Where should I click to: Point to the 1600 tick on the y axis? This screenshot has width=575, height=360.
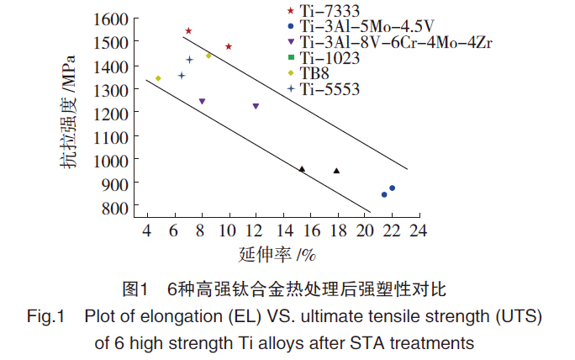tap(111, 19)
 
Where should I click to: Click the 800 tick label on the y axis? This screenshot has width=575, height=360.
tap(116, 207)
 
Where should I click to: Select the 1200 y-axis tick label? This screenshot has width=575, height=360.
tap(111, 113)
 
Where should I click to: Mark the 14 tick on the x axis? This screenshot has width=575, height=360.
tap(282, 230)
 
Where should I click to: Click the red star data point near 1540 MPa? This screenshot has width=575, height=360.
tap(188, 31)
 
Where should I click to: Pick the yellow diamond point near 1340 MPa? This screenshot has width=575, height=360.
tap(158, 78)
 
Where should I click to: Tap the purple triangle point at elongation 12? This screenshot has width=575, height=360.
tap(256, 106)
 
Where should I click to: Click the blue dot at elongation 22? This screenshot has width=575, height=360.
tap(392, 188)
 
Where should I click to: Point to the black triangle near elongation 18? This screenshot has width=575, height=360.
tap(336, 171)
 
